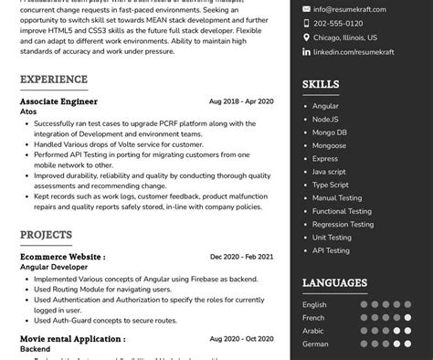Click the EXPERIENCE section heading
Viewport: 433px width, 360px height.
tap(54, 79)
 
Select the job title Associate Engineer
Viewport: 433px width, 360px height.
tap(58, 101)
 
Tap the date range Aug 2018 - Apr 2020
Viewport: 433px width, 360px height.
tap(241, 101)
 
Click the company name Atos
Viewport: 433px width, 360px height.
tap(28, 111)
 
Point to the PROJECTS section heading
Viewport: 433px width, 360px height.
tap(46, 235)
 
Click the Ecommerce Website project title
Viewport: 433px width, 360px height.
tap(62, 257)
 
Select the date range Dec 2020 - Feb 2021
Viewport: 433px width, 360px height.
tap(241, 257)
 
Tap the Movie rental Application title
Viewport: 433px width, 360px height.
tap(72, 339)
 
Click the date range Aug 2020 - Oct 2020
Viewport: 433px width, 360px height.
tap(241, 339)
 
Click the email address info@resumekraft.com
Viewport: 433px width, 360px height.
tap(349, 10)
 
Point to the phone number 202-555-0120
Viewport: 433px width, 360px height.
tap(338, 24)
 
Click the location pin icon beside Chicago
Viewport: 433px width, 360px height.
tap(306, 37)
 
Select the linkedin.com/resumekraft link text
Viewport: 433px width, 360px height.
tap(353, 52)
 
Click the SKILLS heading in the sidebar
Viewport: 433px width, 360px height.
tap(321, 84)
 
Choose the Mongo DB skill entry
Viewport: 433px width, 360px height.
tap(330, 132)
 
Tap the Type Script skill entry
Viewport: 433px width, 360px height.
tap(331, 185)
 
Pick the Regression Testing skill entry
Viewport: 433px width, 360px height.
tap(343, 224)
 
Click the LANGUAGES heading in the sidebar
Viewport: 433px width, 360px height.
tap(334, 283)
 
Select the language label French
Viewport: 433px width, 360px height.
tap(313, 318)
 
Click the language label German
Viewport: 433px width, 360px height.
tap(315, 344)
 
